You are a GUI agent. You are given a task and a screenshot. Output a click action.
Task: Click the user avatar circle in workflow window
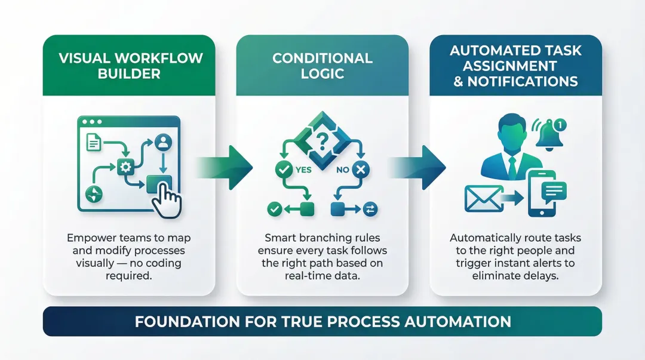pos(162,142)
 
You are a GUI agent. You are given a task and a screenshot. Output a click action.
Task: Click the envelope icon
pos(483,198)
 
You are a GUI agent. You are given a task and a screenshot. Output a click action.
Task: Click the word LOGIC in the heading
pos(322,73)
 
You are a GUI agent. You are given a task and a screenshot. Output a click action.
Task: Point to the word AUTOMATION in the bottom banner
pos(457,322)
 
